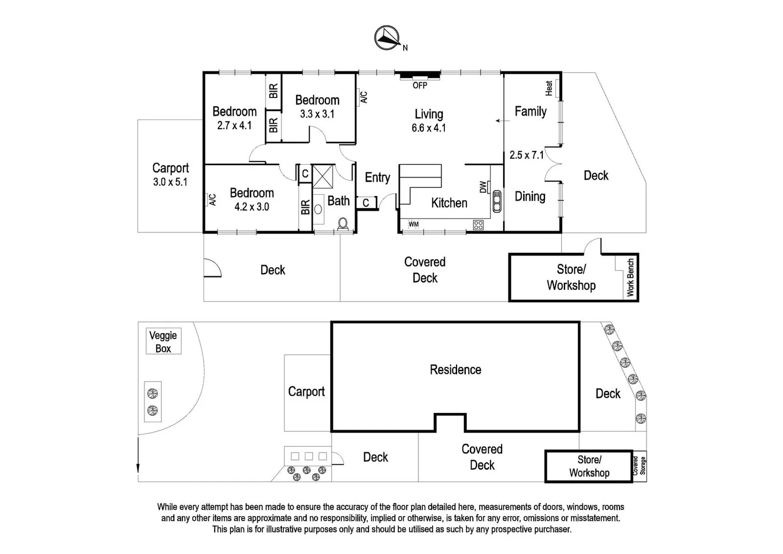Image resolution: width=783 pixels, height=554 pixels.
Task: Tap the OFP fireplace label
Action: point(420,86)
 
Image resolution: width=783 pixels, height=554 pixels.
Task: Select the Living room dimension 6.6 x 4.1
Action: point(428,128)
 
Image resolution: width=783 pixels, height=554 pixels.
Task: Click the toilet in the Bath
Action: point(343,224)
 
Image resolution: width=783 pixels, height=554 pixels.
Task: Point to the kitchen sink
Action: point(496,201)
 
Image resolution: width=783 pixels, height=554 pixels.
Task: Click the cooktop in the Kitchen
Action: point(478,224)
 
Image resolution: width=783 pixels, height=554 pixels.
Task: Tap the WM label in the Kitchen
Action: point(414,224)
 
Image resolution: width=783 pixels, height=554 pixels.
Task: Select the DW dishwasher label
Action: point(483,187)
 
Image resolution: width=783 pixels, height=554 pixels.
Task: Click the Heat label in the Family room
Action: point(549,88)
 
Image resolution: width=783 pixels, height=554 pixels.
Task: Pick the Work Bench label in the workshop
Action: point(630,277)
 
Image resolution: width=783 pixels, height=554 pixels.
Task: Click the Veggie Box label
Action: point(163,342)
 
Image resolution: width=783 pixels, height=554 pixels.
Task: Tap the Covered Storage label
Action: point(640,465)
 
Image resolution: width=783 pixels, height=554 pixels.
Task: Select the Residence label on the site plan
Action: point(455,370)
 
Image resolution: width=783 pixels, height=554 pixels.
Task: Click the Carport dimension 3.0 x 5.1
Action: point(170,182)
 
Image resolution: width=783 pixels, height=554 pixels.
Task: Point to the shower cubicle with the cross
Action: point(323,177)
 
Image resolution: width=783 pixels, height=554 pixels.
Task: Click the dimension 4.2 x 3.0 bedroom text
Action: point(252,207)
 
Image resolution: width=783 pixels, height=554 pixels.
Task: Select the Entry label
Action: point(377,177)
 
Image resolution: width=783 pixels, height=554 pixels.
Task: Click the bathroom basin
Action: point(318,209)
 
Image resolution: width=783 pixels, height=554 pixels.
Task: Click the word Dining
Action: point(530,196)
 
